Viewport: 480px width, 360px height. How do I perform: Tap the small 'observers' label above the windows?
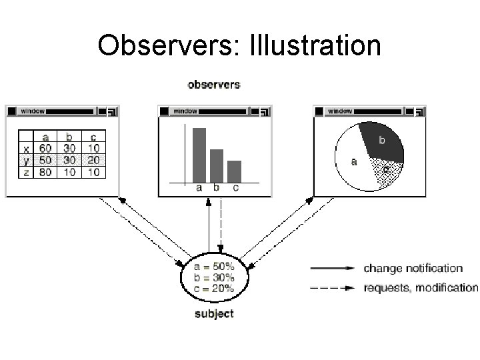point(214,85)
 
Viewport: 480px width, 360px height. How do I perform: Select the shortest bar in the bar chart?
point(234,171)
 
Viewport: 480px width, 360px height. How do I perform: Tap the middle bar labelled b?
point(217,165)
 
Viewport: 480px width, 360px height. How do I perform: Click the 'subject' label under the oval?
point(214,313)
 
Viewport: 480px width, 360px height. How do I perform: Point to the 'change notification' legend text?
point(413,269)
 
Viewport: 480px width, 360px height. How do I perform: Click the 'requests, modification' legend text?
point(421,288)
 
